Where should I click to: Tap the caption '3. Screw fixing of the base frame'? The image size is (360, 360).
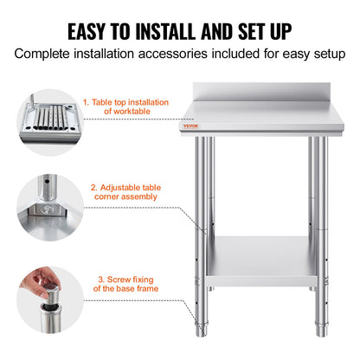(x=132, y=284)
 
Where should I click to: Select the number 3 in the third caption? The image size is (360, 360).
(x=100, y=279)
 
